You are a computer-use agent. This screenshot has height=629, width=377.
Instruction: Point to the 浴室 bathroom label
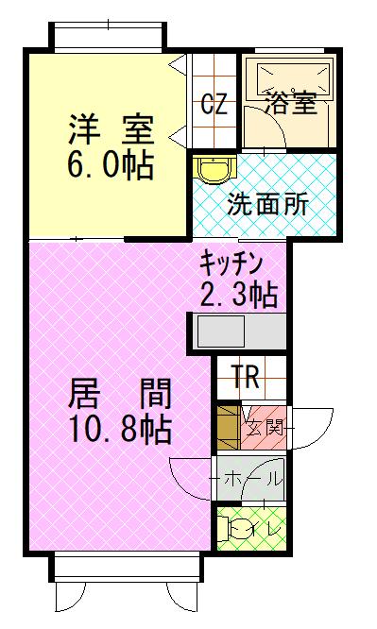point(290,103)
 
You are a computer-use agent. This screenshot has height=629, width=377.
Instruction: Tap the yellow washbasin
point(212,169)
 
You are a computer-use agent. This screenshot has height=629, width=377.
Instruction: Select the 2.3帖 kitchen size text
point(238,295)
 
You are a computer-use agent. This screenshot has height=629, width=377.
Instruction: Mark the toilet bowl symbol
point(238,529)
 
